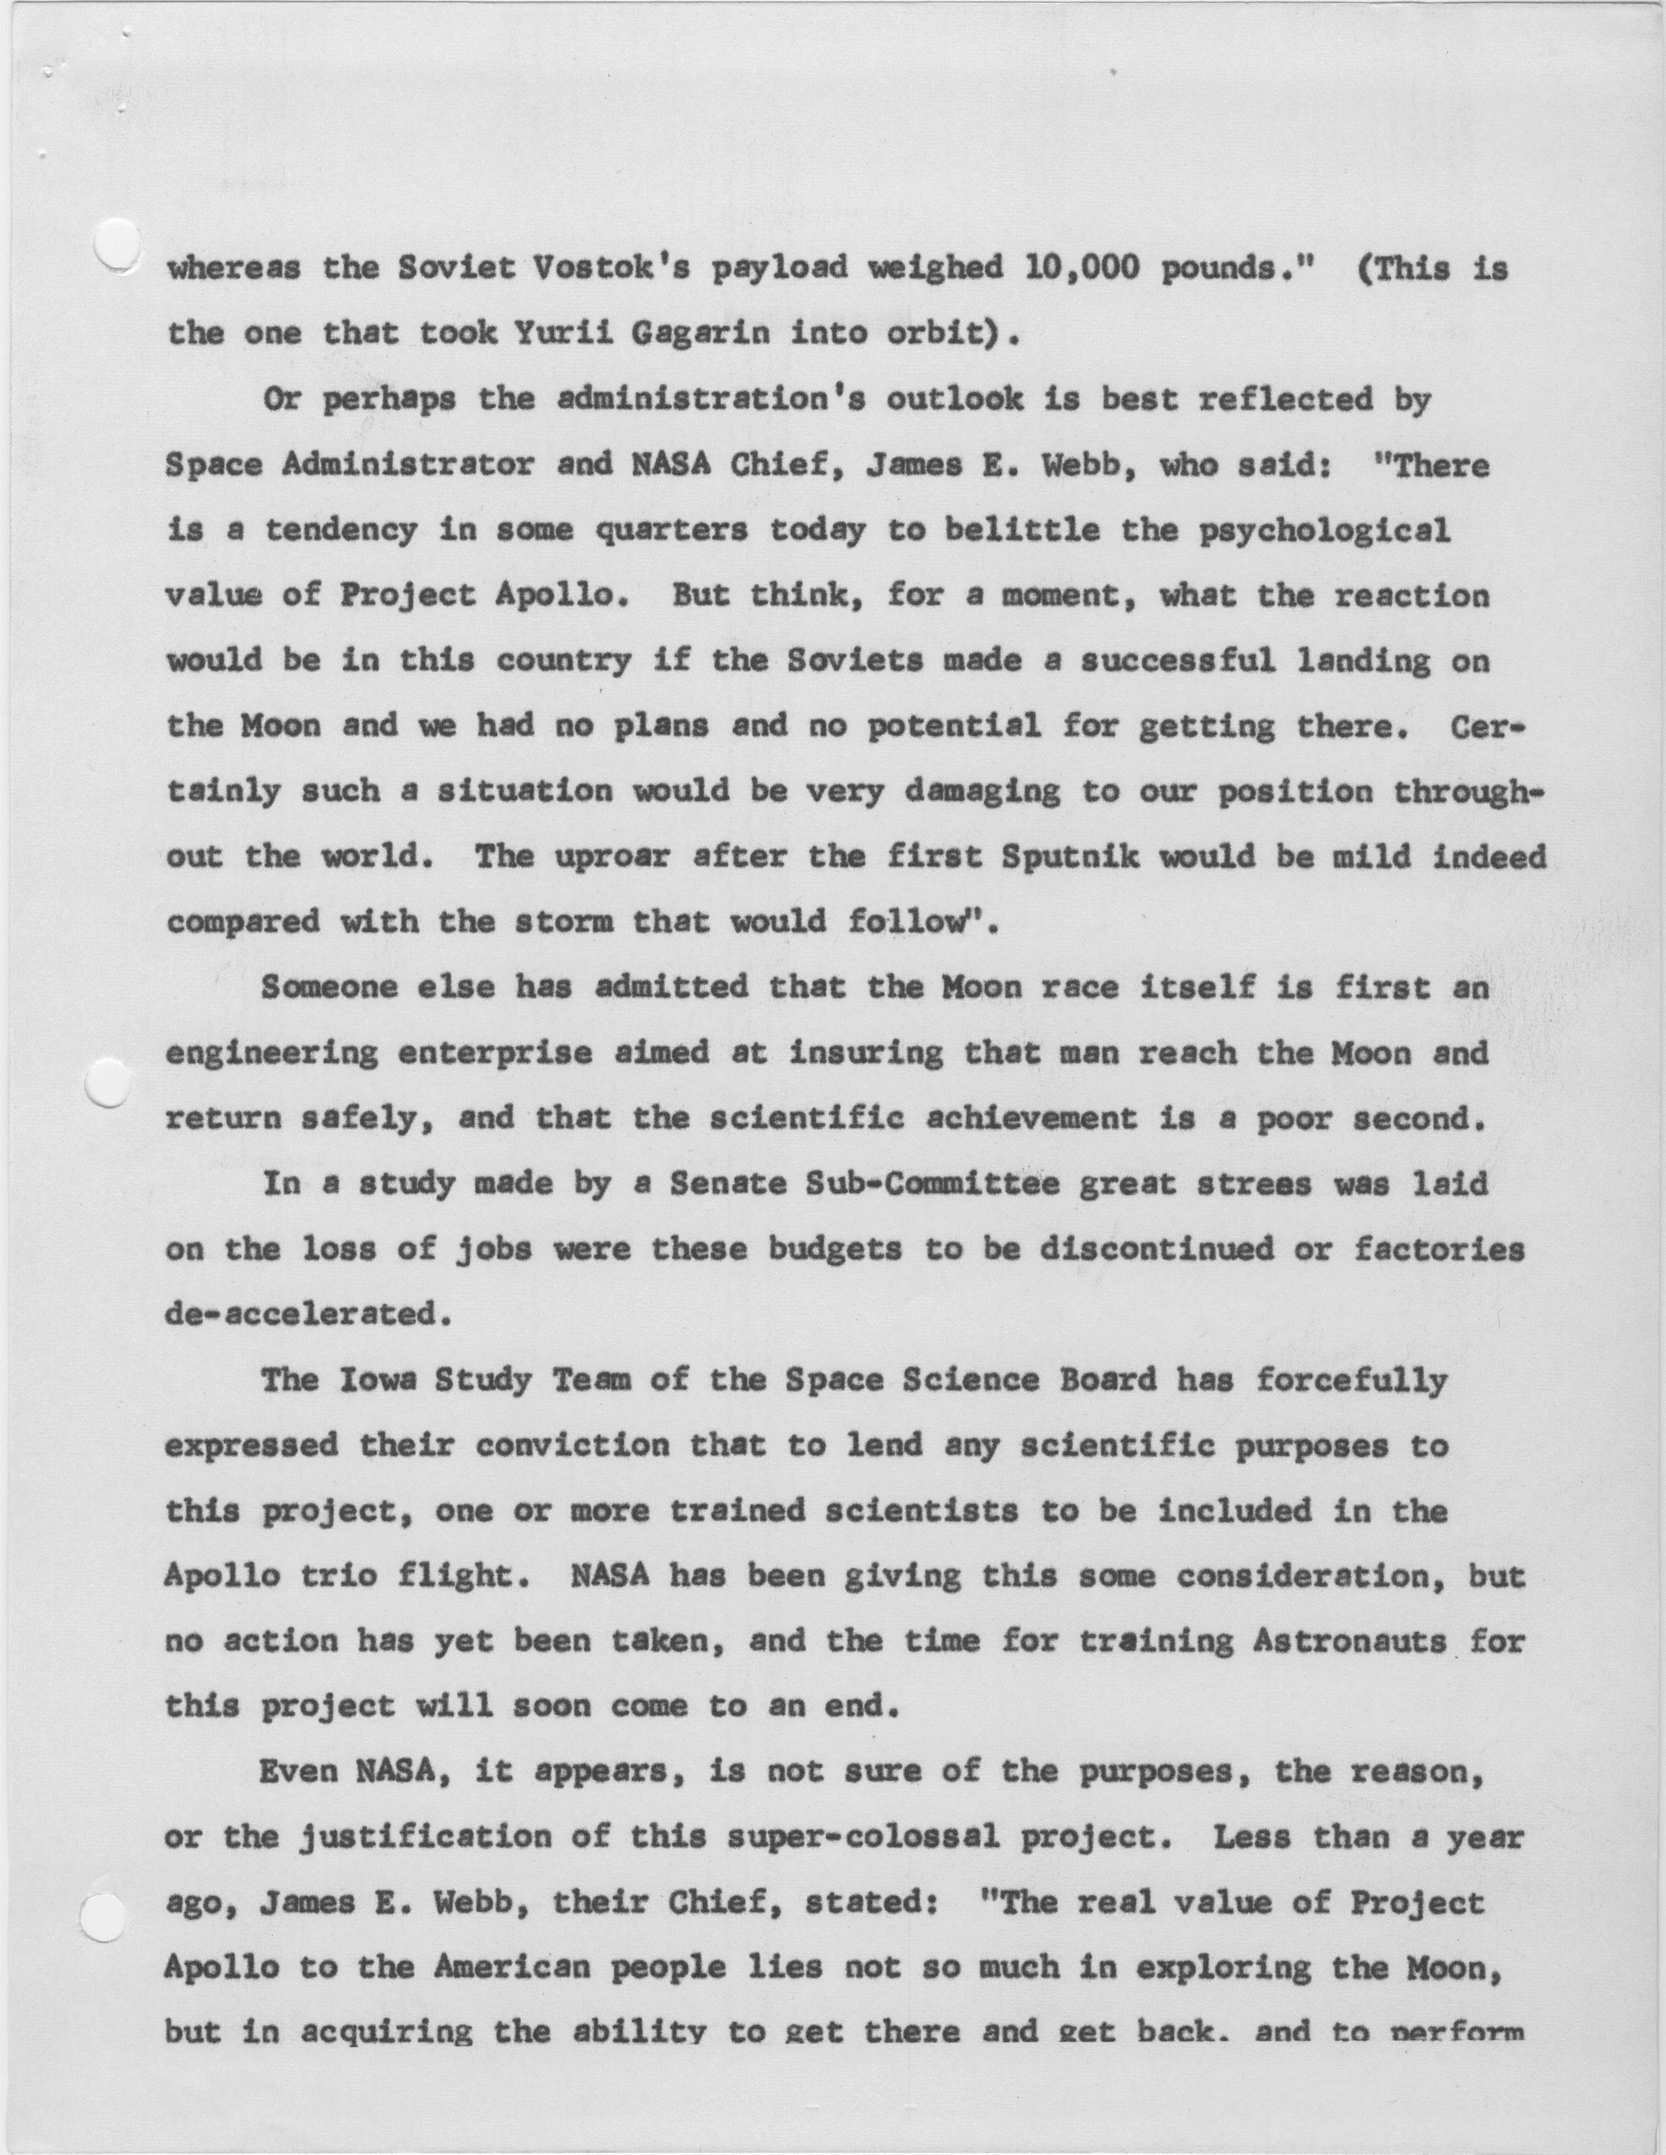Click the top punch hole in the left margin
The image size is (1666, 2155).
click(x=116, y=241)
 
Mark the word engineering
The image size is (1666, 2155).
click(x=271, y=1054)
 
